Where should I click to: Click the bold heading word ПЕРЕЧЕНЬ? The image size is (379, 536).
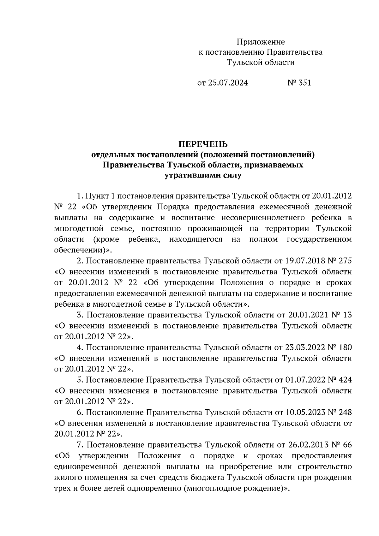tap(203, 144)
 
